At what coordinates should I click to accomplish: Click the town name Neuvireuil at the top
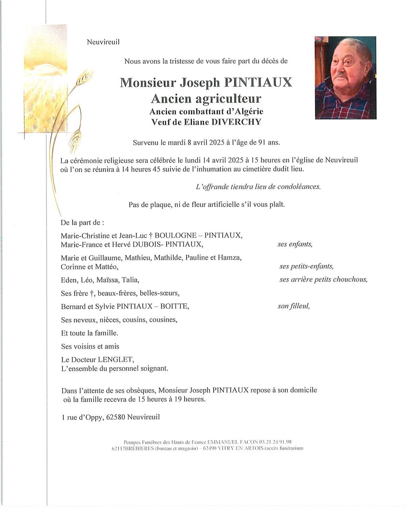[x=103, y=42]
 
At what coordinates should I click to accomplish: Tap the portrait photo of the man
[x=345, y=78]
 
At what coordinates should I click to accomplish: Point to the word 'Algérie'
[x=247, y=112]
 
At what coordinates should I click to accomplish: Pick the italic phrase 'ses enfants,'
[x=295, y=244]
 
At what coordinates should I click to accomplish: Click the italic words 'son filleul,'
[x=294, y=306]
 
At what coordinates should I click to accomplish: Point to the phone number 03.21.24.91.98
[x=275, y=442]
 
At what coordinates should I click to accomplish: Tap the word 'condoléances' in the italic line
[x=301, y=186]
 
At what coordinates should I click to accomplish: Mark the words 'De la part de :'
[x=82, y=222]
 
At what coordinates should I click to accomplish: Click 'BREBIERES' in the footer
[x=136, y=448]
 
